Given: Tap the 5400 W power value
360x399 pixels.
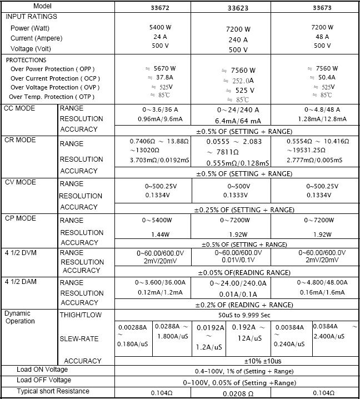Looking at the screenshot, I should [160, 27].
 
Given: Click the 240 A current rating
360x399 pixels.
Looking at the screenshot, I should [237, 40].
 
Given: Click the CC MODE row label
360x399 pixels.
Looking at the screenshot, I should [19, 108].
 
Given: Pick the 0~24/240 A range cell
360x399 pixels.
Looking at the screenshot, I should [238, 110].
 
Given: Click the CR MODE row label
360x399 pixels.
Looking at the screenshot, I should [20, 140].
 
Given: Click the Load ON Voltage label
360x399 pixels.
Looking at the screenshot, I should [42, 370].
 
